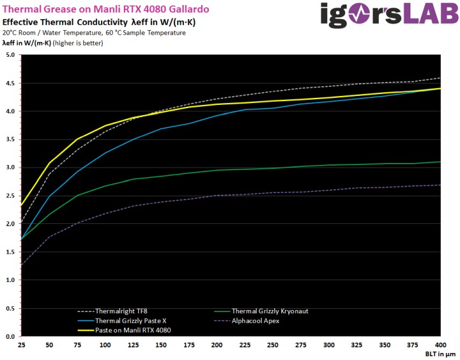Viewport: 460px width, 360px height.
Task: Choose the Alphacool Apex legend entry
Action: point(256,320)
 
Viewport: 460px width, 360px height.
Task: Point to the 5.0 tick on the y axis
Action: point(10,55)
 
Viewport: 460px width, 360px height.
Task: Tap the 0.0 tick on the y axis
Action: point(10,336)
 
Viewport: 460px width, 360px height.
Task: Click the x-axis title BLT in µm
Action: point(440,354)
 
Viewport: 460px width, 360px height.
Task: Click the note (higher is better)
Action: point(75,43)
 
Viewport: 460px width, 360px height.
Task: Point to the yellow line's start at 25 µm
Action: point(22,205)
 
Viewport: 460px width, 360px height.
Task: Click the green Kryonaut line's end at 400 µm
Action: point(440,162)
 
